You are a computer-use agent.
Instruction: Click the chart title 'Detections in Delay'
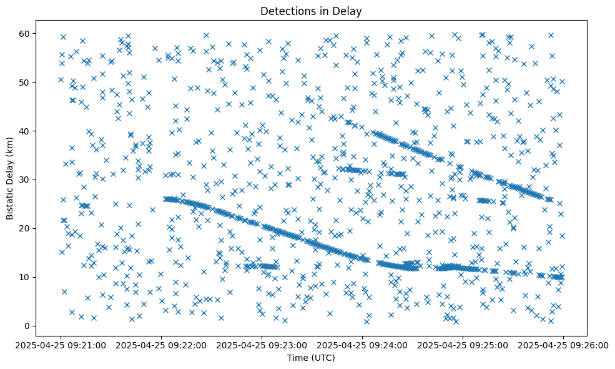tap(311, 11)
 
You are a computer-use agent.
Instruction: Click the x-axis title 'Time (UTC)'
tap(311, 358)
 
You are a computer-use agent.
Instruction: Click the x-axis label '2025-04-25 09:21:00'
tap(61, 344)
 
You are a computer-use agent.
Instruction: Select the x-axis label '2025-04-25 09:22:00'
tap(162, 344)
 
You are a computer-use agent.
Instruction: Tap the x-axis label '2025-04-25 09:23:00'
tap(262, 344)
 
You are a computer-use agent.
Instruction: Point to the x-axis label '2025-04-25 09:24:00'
tap(363, 344)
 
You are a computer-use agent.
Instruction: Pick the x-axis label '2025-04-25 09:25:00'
tap(463, 344)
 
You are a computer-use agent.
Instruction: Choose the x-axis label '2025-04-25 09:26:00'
tap(563, 344)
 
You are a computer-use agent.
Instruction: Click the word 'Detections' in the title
tap(285, 11)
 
